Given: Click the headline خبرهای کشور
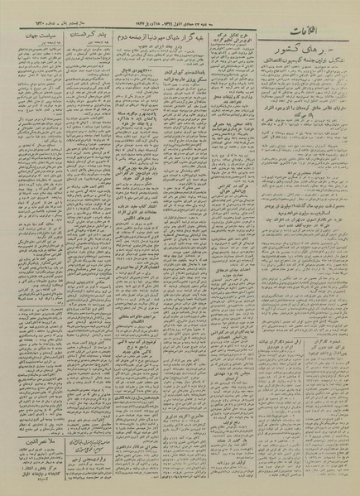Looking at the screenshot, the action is (x=301, y=54).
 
